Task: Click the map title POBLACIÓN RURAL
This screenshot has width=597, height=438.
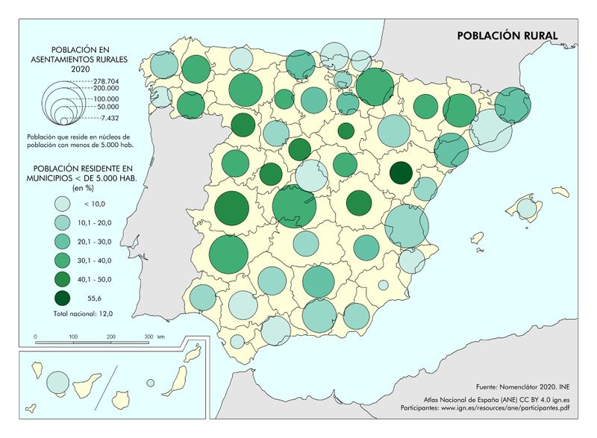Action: click(x=507, y=35)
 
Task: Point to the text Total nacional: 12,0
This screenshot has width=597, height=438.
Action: click(x=83, y=314)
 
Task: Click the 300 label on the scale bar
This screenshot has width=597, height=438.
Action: click(x=149, y=337)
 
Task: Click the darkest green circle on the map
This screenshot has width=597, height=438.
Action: click(x=401, y=173)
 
